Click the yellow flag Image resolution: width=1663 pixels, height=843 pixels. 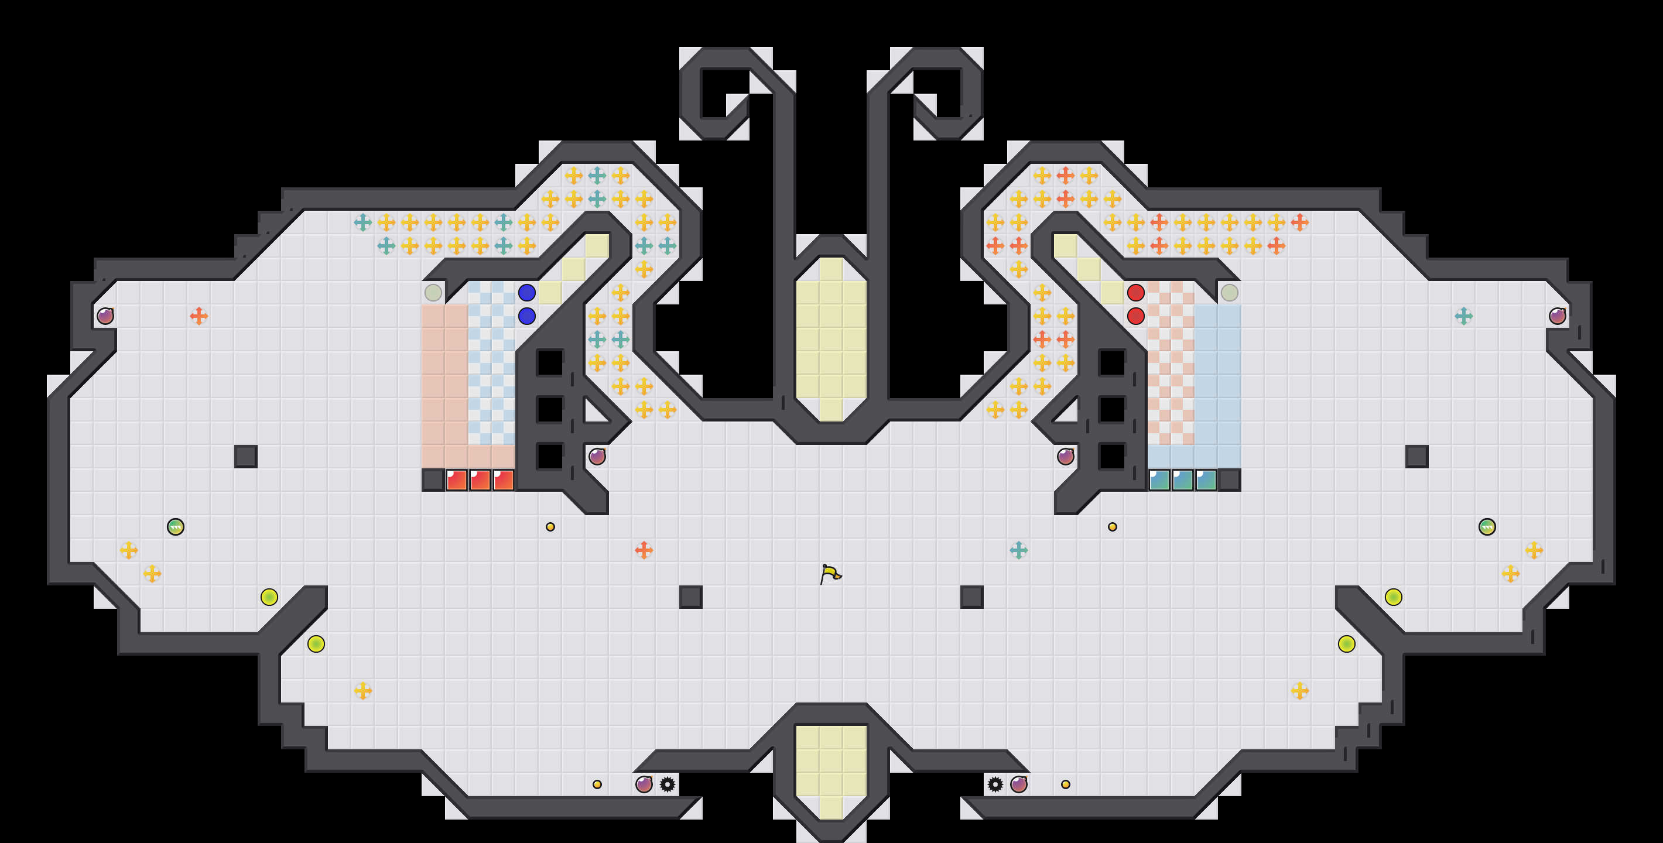click(830, 573)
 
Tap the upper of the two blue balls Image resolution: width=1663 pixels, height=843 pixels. click(527, 292)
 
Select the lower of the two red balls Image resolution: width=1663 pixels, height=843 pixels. click(1135, 316)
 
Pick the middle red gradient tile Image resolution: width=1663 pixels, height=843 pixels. click(480, 479)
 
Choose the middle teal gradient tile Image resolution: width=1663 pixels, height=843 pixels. click(1183, 479)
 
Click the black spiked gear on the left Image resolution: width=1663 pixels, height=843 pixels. click(668, 784)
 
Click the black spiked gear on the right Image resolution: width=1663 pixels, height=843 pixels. click(995, 784)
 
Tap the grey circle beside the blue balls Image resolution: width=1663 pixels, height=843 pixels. click(433, 292)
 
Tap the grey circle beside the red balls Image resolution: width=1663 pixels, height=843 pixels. click(1229, 292)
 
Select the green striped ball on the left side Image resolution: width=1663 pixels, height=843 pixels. click(176, 527)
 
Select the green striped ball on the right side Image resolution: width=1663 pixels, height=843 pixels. click(1487, 527)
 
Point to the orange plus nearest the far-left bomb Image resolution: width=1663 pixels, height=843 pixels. click(199, 316)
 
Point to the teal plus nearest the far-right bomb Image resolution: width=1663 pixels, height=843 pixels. click(1463, 316)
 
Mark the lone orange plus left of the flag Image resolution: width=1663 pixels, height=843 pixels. click(644, 550)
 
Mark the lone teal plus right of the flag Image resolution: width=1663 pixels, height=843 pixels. click(1019, 550)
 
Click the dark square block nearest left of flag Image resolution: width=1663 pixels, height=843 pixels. click(691, 597)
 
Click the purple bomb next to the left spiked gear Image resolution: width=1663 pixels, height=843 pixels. click(644, 784)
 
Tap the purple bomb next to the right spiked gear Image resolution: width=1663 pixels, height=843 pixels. click(1019, 784)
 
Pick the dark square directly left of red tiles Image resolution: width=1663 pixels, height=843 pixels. click(433, 479)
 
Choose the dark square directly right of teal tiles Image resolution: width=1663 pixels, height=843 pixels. click(1229, 479)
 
